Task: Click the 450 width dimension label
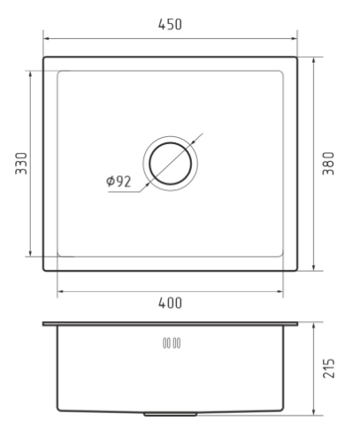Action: pos(170,25)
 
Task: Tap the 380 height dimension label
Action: pos(328,164)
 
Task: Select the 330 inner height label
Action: pos(21,164)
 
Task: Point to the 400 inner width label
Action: pos(170,303)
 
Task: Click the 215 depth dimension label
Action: pos(328,368)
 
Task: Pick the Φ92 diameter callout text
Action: pos(119,181)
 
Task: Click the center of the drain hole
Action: pos(171,164)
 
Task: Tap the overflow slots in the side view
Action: pos(172,343)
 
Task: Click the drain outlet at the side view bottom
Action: pos(171,414)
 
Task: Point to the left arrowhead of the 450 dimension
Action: pos(47,38)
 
